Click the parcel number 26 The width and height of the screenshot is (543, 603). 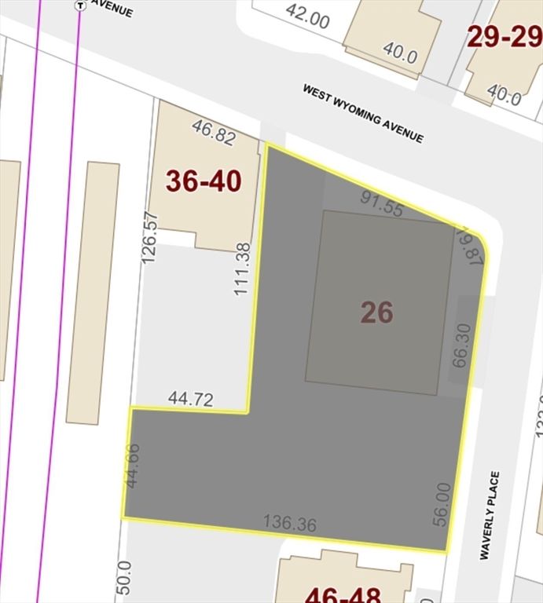tap(376, 312)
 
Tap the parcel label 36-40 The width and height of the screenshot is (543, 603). tap(204, 181)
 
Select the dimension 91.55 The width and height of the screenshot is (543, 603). tap(382, 199)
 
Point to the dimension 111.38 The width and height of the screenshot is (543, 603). tap(242, 269)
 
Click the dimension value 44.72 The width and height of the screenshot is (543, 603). tap(190, 400)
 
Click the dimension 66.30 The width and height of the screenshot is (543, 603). tap(460, 345)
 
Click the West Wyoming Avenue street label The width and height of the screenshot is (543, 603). tap(363, 114)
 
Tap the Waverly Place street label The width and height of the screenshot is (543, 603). tap(490, 515)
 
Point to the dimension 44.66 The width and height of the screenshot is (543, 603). tap(133, 466)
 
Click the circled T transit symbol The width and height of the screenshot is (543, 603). tap(79, 5)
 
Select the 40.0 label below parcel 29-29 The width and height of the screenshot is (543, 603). tap(504, 97)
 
